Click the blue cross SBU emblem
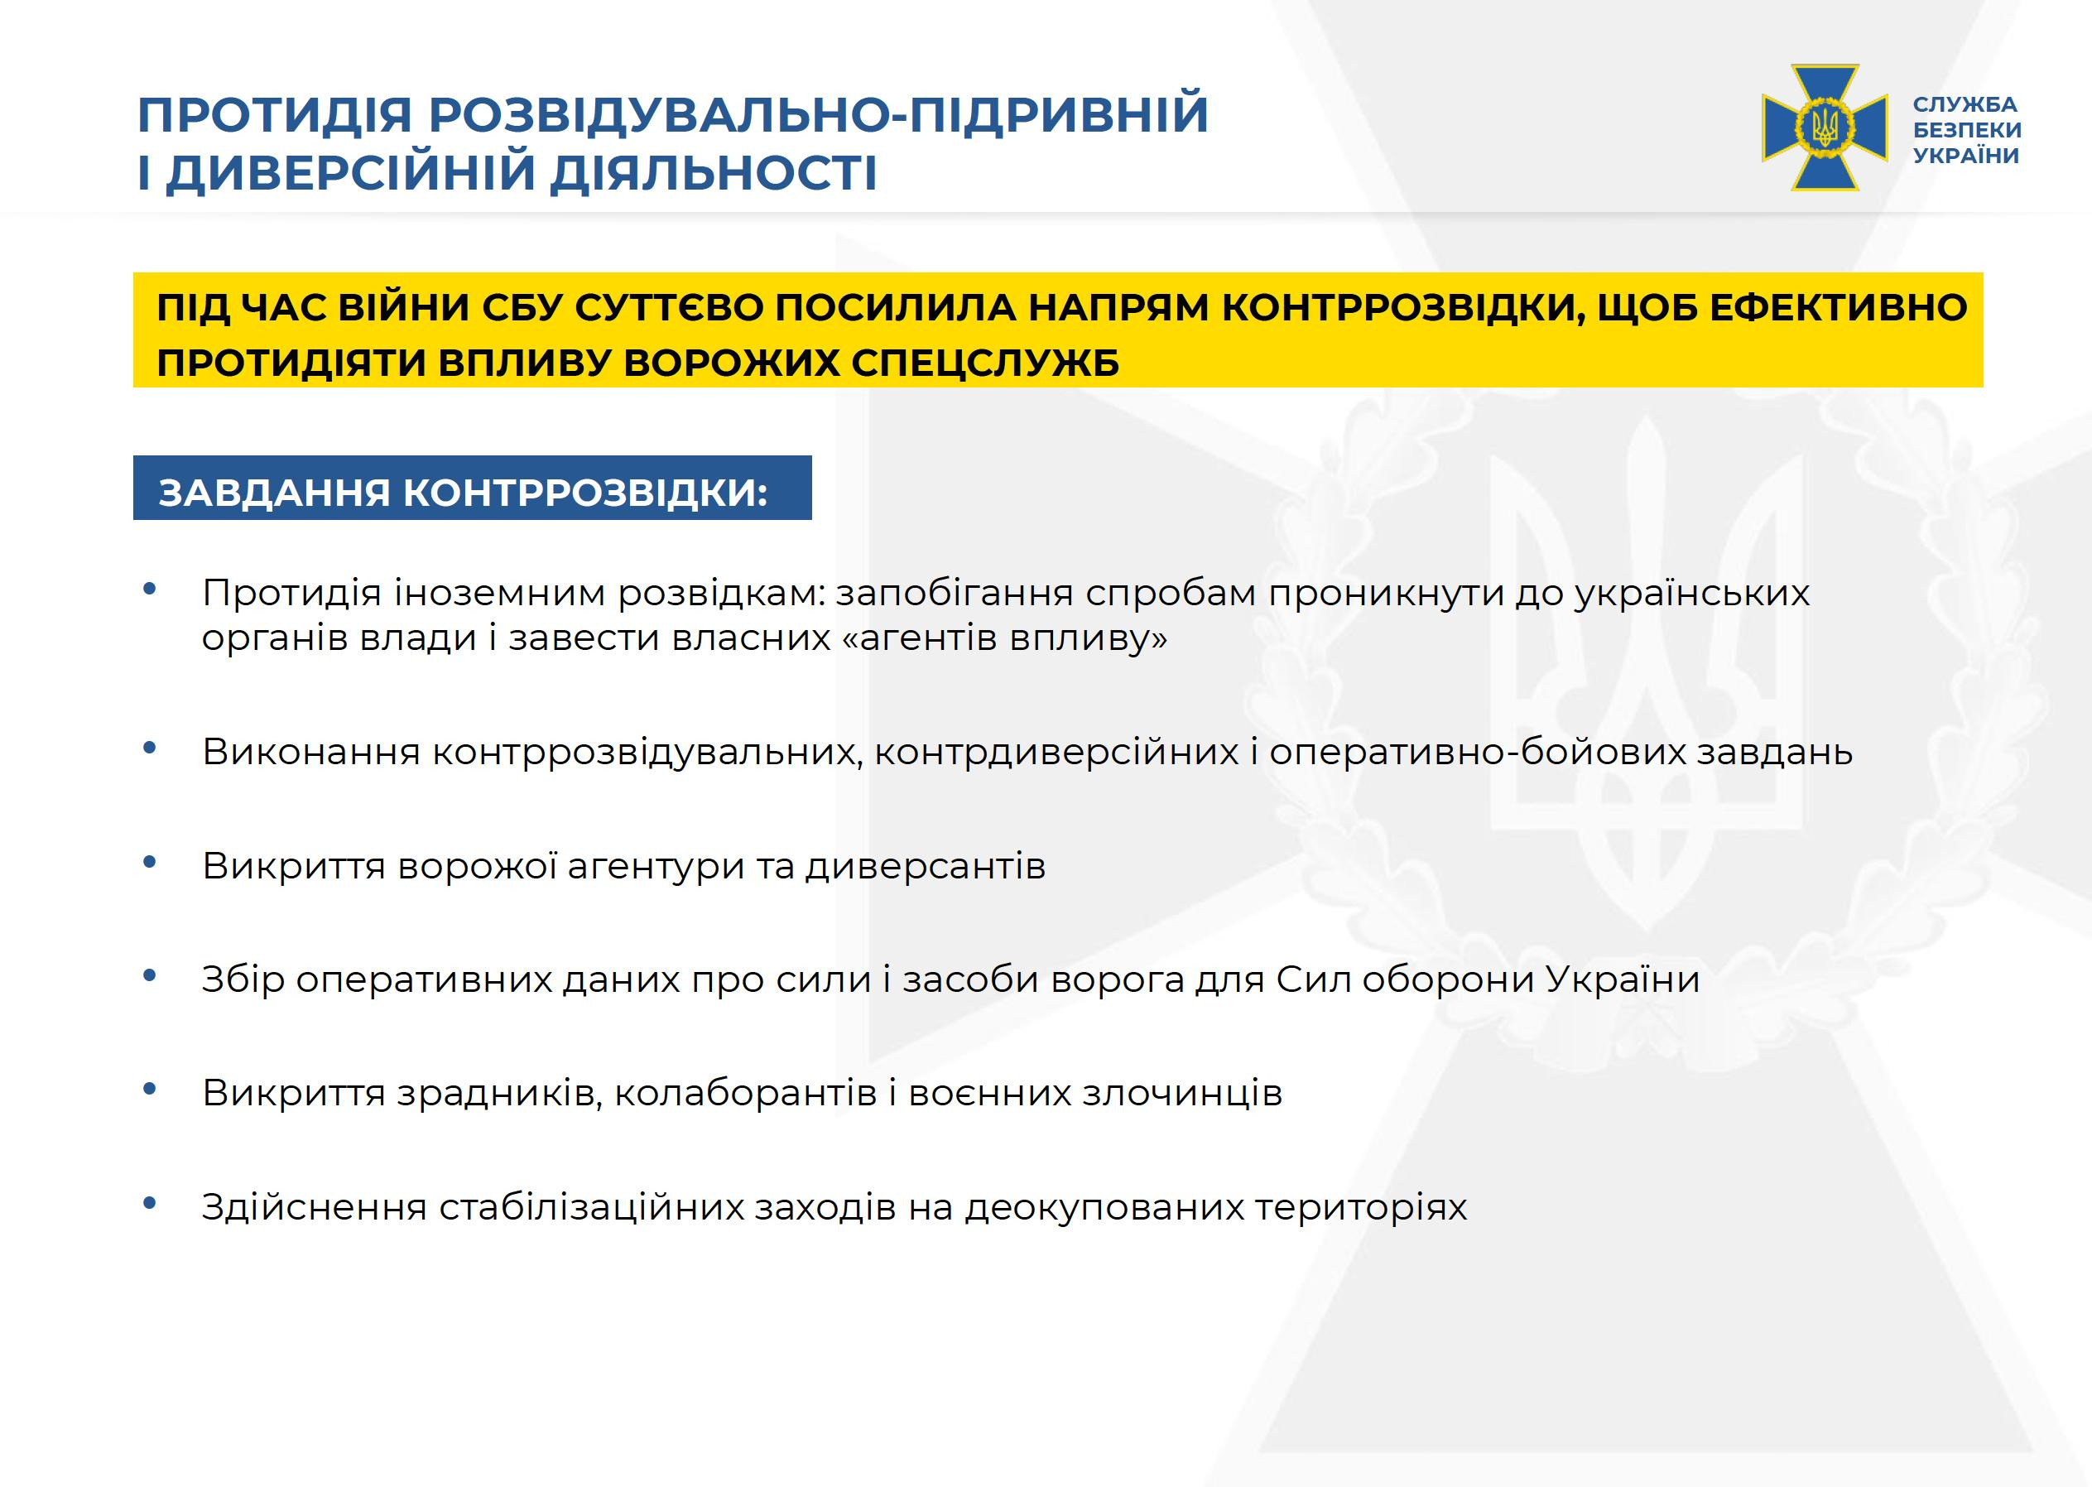click(1825, 128)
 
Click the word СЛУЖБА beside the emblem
click(1965, 104)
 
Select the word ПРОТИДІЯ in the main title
click(276, 114)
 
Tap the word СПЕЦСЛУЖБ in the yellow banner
click(985, 363)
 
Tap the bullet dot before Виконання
click(150, 748)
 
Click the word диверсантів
click(925, 866)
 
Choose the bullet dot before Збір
click(150, 976)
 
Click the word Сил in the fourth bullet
click(1314, 979)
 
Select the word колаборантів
click(745, 1093)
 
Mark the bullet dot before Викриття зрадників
click(150, 1090)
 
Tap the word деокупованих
click(1104, 1208)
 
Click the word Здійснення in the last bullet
click(314, 1208)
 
